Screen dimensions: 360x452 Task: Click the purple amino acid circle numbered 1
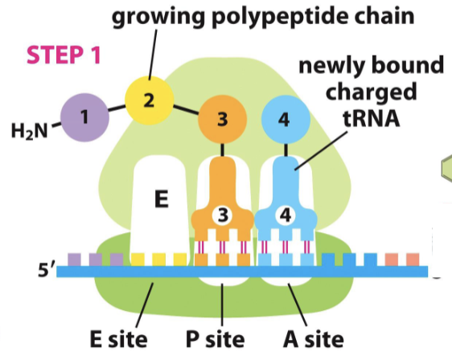tap(84, 117)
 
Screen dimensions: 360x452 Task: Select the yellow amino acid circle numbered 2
tap(148, 100)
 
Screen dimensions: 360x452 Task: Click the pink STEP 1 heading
tap(64, 55)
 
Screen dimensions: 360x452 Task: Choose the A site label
tap(313, 337)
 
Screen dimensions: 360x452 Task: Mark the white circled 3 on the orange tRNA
tap(222, 215)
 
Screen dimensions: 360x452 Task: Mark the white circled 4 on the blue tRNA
tap(282, 215)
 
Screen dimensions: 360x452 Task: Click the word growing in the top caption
tap(154, 17)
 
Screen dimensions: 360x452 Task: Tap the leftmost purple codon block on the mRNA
tap(74, 259)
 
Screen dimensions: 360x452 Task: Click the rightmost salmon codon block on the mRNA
tap(413, 259)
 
